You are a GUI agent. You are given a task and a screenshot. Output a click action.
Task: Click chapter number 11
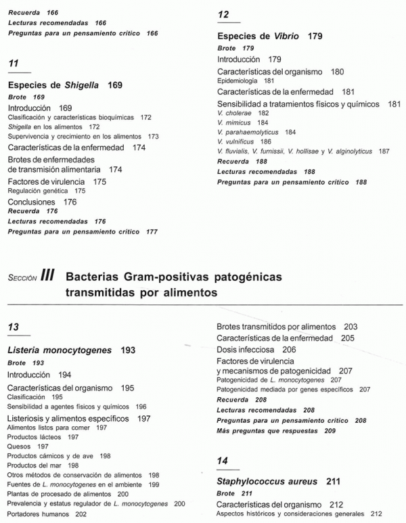(x=13, y=63)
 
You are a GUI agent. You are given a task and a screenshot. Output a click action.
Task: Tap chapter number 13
(x=13, y=327)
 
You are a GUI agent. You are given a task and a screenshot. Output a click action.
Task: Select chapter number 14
(x=223, y=461)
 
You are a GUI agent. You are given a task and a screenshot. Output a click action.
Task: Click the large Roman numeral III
(x=47, y=275)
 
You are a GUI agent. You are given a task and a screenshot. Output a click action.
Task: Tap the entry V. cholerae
(x=233, y=113)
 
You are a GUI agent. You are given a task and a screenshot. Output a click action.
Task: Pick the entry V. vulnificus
(x=235, y=141)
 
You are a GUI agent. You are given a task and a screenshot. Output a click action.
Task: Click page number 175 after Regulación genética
(x=80, y=191)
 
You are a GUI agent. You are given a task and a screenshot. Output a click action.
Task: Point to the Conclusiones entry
(x=34, y=202)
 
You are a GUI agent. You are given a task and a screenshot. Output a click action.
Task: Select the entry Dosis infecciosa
(x=247, y=349)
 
